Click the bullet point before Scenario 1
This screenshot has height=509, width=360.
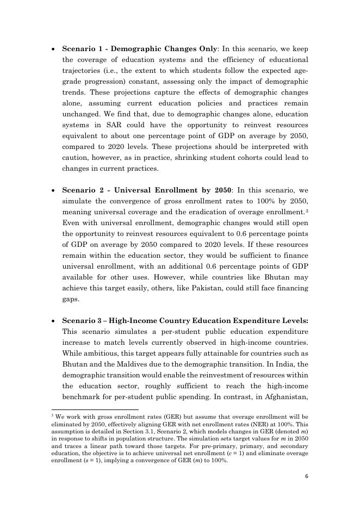point(52,48)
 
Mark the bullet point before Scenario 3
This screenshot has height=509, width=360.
point(52,321)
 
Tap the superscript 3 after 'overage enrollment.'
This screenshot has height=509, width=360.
point(307,210)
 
